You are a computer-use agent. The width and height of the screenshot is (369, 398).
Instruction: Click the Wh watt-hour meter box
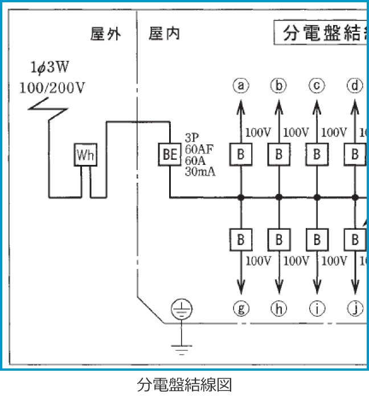[85, 155]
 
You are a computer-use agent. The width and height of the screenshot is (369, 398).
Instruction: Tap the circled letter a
[241, 85]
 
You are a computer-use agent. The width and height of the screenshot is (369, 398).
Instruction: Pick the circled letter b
[279, 85]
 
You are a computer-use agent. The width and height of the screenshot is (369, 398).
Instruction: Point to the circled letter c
[317, 85]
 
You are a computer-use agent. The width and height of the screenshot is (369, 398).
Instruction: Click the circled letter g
[241, 309]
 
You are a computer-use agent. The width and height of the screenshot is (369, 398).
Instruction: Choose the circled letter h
[279, 309]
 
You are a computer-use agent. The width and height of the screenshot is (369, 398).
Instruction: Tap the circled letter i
[317, 309]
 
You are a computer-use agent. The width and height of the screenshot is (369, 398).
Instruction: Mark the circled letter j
[355, 309]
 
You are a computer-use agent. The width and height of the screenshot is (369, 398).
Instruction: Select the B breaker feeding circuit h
[279, 239]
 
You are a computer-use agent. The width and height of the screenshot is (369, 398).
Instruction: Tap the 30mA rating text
[200, 171]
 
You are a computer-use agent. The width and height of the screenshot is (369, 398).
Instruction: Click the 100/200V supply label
[52, 87]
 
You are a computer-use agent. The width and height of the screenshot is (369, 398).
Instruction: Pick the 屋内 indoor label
[165, 34]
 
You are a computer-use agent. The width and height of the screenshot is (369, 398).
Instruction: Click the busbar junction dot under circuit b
[279, 197]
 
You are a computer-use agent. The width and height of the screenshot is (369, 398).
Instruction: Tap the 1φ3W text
[50, 69]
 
